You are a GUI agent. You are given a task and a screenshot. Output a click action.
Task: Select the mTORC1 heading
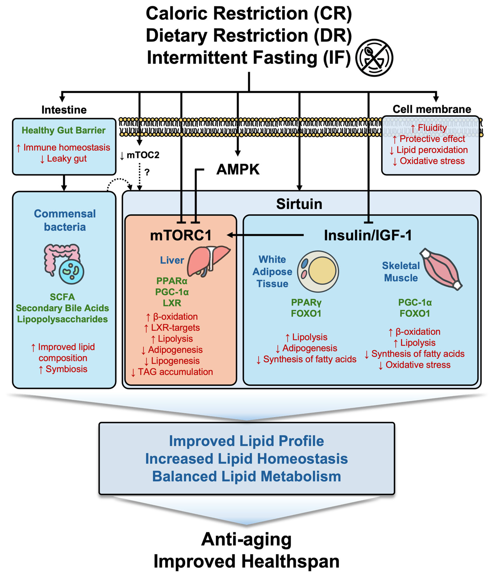click(x=181, y=235)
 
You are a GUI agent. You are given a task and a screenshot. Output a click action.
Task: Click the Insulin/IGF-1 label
click(x=367, y=235)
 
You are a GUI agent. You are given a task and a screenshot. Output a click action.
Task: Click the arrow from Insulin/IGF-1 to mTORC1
click(x=265, y=235)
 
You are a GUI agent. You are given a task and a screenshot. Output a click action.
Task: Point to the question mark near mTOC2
click(x=147, y=172)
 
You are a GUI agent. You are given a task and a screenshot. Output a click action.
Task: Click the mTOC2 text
click(x=143, y=155)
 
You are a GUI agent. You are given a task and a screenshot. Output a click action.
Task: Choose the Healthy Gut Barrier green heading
click(x=64, y=130)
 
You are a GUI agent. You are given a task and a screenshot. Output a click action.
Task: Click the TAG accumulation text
click(x=175, y=372)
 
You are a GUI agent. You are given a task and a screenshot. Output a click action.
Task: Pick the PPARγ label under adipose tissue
click(x=306, y=302)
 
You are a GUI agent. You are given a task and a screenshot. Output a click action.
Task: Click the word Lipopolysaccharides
click(x=62, y=319)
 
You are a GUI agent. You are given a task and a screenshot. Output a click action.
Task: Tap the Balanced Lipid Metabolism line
click(x=246, y=476)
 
